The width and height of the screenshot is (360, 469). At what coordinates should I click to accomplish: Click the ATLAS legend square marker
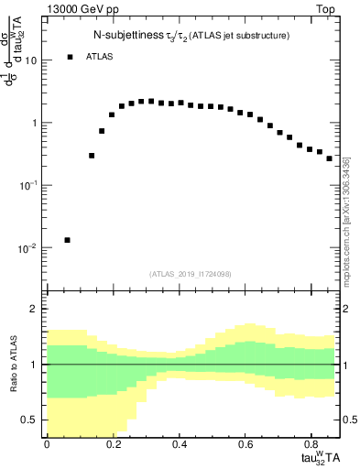click(70, 57)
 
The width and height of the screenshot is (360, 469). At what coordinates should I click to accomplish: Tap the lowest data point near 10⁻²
click(68, 240)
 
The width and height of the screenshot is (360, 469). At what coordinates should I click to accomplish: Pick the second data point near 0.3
click(92, 156)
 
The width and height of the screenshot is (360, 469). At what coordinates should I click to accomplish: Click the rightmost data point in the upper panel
click(330, 158)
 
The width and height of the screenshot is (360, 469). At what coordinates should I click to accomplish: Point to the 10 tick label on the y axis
click(31, 60)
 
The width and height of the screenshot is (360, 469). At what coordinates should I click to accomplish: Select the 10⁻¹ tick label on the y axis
click(27, 186)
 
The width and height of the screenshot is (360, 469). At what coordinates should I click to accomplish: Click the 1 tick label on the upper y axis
click(34, 123)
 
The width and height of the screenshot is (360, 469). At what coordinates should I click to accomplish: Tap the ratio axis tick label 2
click(34, 309)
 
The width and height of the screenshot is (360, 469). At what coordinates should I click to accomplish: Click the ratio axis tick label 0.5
click(29, 420)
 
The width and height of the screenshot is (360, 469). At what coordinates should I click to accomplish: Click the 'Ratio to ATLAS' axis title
click(12, 364)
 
